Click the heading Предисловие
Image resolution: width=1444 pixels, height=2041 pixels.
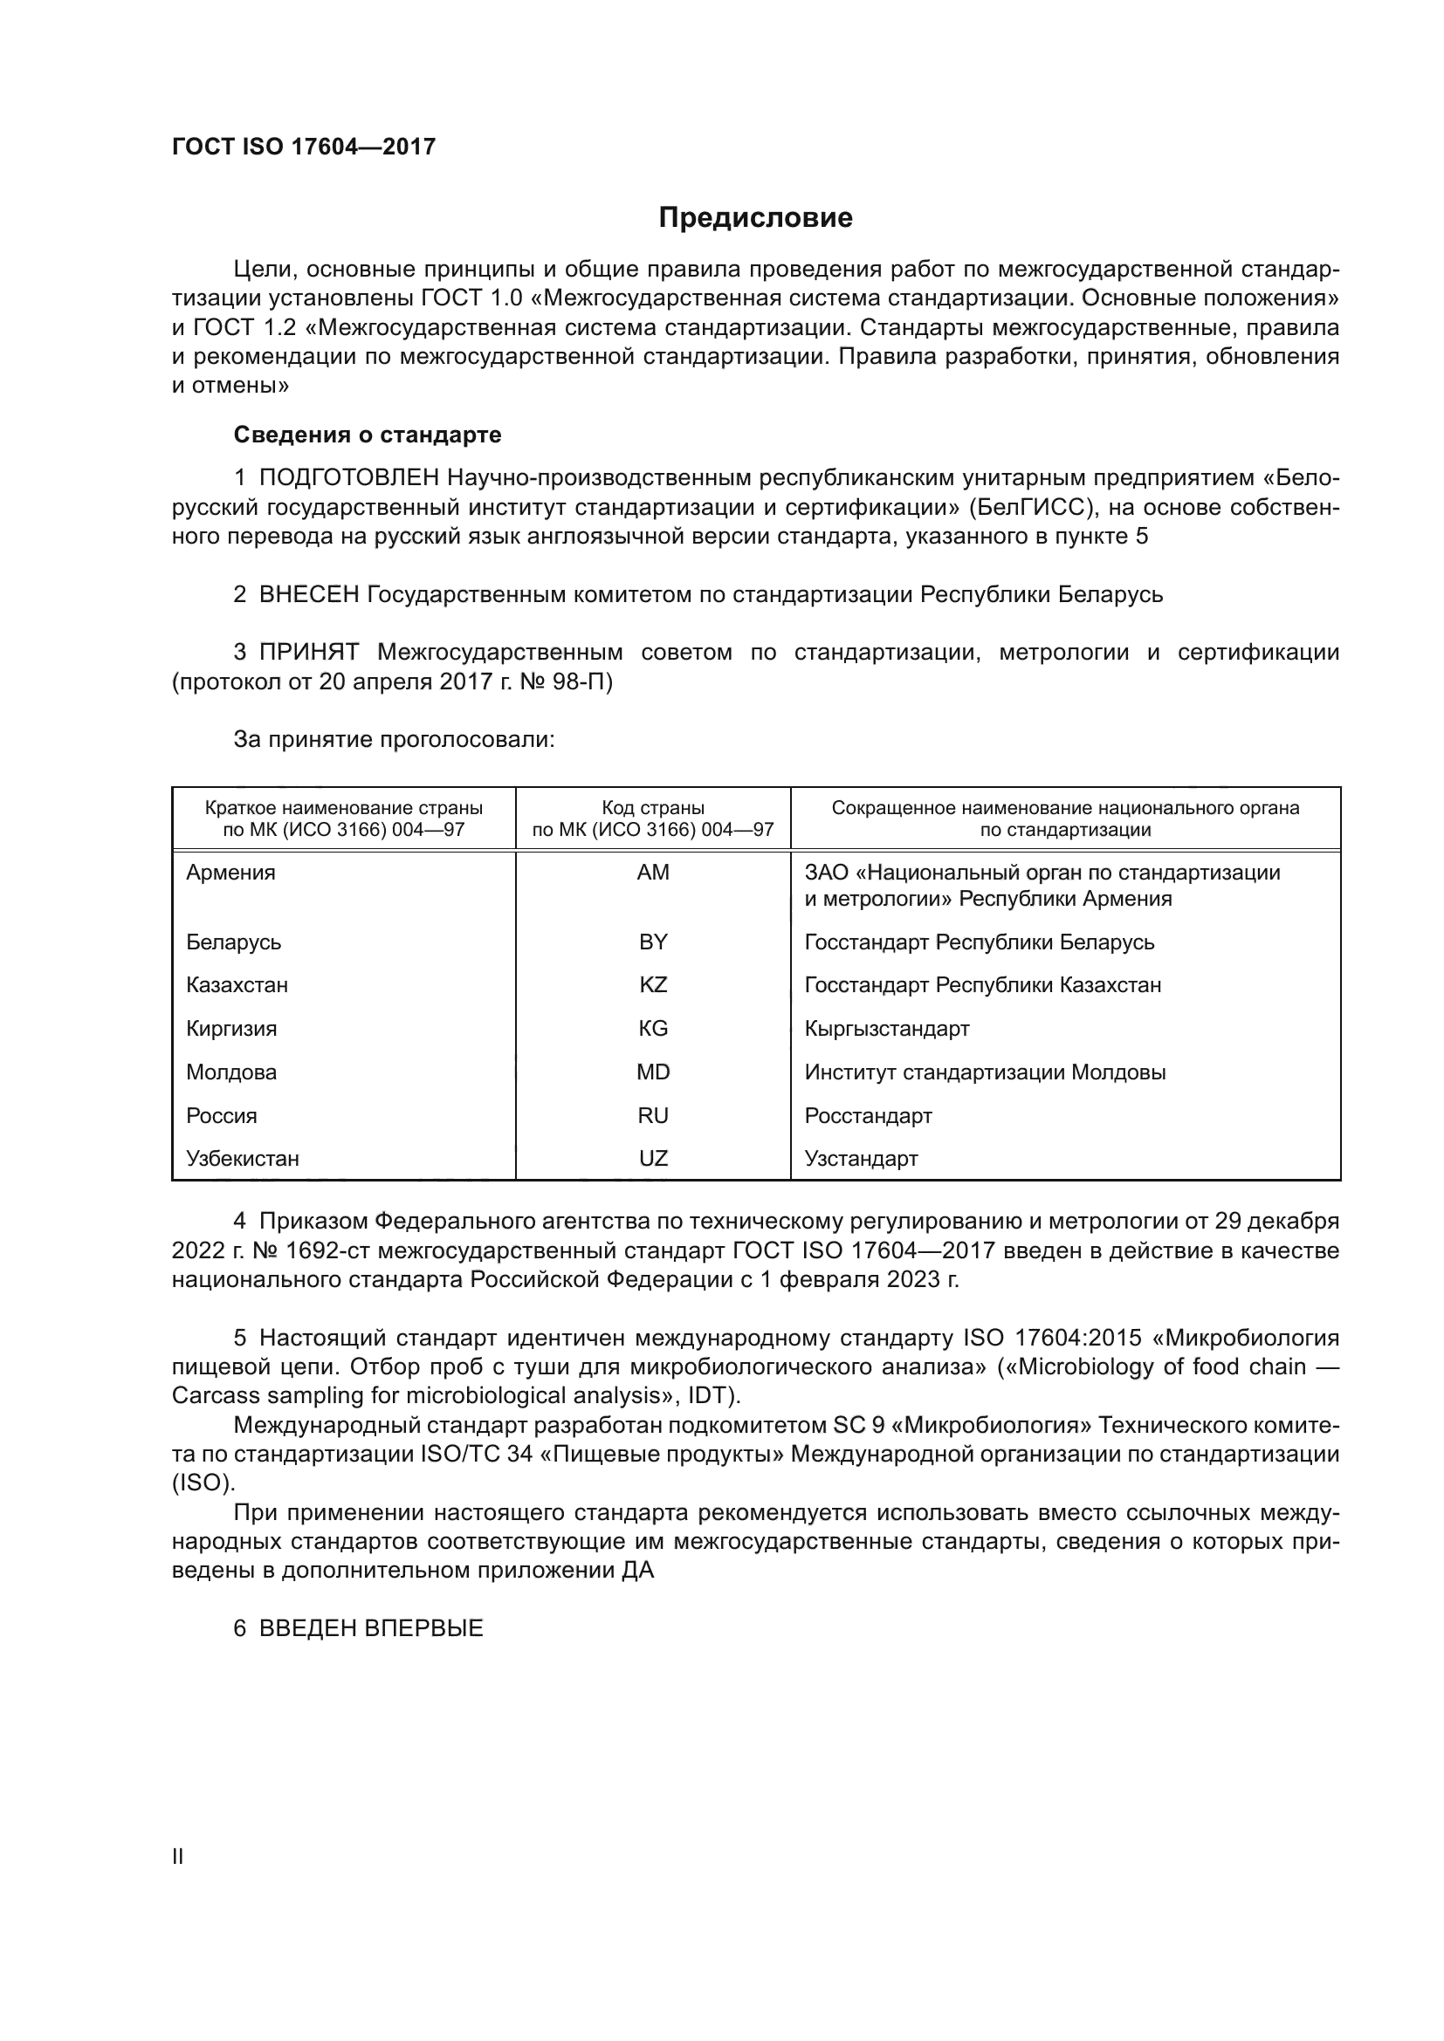(x=755, y=218)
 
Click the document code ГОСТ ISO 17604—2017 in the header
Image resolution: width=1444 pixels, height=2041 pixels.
(x=303, y=147)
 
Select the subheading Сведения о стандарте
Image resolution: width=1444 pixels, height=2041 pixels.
(x=368, y=435)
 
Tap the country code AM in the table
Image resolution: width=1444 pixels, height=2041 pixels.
(x=653, y=872)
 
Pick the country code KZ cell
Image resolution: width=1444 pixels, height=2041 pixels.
(x=653, y=985)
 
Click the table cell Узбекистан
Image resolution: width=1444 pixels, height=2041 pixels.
(x=243, y=1158)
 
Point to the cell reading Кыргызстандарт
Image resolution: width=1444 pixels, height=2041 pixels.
(x=886, y=1029)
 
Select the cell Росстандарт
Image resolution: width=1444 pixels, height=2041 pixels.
(x=868, y=1116)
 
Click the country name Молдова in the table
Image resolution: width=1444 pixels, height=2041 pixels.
(x=231, y=1072)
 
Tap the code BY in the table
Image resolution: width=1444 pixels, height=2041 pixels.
(x=653, y=942)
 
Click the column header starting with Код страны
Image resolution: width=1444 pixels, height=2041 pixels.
(x=653, y=818)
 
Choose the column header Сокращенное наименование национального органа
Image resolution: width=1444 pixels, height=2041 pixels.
(x=1065, y=818)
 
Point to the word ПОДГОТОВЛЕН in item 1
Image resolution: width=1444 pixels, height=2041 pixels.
(x=349, y=478)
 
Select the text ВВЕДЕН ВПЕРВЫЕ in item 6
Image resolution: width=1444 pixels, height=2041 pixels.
(x=371, y=1628)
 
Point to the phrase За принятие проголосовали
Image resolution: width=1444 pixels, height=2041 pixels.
(x=394, y=740)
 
